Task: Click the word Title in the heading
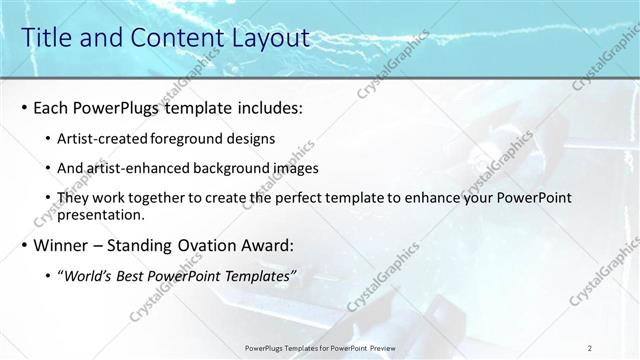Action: click(x=45, y=38)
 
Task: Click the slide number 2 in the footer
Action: click(x=591, y=348)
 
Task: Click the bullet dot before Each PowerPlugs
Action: click(x=25, y=106)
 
